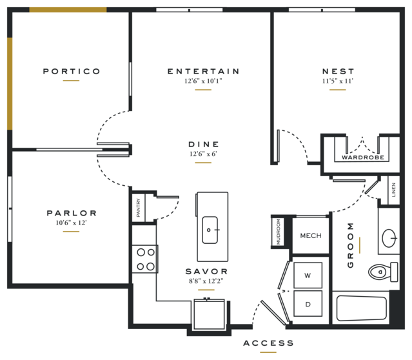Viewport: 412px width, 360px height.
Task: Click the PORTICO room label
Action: click(72, 71)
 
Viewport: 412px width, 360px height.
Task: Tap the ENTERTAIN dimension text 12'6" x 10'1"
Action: click(203, 81)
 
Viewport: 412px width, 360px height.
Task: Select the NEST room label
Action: click(338, 71)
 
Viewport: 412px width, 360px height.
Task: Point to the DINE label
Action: click(204, 144)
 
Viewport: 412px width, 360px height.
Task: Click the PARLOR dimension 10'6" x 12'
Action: click(71, 223)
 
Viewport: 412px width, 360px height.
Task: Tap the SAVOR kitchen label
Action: click(206, 272)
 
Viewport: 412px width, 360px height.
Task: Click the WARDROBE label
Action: click(363, 157)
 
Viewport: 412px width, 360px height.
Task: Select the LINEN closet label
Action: click(393, 190)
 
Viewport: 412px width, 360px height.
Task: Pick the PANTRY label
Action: click(139, 208)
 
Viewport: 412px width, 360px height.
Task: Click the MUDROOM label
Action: click(279, 232)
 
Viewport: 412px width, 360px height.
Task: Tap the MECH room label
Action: click(311, 235)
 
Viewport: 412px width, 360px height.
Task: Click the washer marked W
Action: click(308, 275)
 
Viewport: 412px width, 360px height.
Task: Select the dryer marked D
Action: click(308, 304)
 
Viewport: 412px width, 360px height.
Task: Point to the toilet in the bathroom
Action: click(383, 272)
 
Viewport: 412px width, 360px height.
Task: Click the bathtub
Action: click(362, 308)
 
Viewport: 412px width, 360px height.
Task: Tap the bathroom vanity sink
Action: click(389, 238)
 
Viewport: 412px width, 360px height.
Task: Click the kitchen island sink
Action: click(210, 230)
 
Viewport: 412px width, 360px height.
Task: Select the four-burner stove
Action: click(145, 259)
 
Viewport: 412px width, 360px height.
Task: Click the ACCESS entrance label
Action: click(268, 343)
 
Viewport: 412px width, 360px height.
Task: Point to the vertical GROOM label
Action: click(351, 245)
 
